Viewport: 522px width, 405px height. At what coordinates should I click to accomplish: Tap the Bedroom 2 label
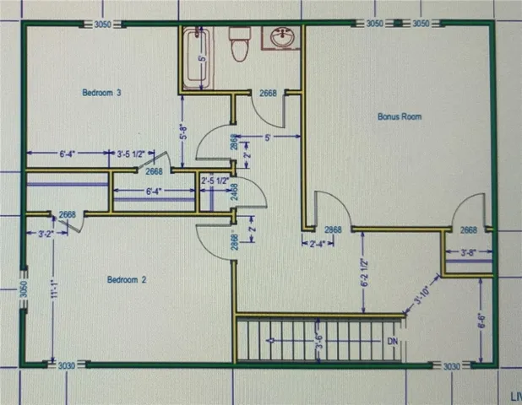coord(128,279)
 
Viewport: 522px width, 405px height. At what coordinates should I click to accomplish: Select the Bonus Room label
coord(399,116)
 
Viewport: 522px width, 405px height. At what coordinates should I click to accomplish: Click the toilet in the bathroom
coord(239,44)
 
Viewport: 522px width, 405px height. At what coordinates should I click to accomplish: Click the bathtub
coord(196,57)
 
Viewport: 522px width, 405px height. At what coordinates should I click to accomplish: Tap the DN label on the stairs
coord(391,341)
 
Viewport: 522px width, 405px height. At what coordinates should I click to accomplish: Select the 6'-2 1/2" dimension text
coord(365,271)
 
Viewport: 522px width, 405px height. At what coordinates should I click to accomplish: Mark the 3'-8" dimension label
coord(470,251)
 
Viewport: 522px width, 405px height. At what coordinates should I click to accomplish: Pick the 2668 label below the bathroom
coord(269,93)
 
